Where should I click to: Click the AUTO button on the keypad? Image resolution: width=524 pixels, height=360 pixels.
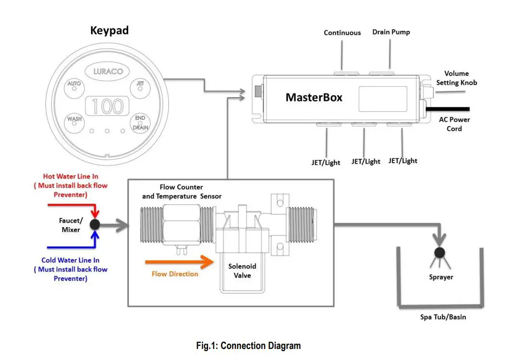[74, 87]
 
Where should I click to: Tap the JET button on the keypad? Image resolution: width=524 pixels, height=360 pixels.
[140, 87]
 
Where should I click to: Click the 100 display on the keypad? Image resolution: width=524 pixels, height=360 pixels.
[107, 106]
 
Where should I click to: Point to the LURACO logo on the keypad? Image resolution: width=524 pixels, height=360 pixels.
[107, 71]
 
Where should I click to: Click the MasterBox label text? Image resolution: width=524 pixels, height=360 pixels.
[314, 97]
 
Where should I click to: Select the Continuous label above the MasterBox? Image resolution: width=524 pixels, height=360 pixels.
[342, 33]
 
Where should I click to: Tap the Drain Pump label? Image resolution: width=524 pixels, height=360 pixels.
[391, 32]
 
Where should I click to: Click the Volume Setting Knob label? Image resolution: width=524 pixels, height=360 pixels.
[456, 78]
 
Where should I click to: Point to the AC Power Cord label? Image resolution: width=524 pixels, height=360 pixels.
[454, 124]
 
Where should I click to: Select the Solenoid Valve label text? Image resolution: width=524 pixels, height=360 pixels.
[242, 270]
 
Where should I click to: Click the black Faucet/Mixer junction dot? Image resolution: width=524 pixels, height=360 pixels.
[95, 224]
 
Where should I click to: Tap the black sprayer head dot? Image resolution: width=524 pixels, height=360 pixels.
[439, 252]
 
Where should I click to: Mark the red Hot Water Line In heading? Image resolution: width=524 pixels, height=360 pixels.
[71, 177]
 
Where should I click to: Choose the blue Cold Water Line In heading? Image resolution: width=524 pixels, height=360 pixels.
[70, 260]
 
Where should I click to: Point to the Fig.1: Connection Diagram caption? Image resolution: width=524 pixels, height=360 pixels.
[249, 346]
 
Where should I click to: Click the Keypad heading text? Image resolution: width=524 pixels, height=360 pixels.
[109, 31]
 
